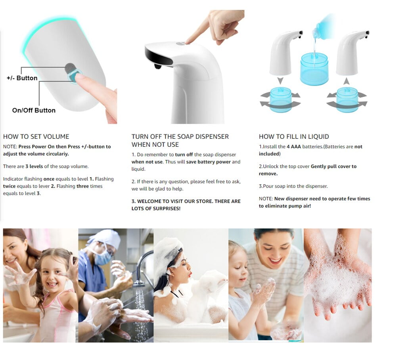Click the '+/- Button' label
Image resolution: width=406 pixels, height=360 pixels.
point(22,78)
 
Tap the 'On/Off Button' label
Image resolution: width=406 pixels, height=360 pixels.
point(34,110)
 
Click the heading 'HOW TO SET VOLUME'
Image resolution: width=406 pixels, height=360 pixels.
point(36,136)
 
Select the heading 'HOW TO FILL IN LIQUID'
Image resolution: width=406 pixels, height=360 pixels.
point(294,136)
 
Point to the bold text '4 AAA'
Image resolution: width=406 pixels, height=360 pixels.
point(294,147)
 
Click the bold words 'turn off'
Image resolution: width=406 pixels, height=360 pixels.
point(184,155)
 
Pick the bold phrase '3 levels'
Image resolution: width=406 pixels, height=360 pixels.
point(34,166)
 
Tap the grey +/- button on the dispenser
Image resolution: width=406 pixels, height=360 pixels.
point(70,68)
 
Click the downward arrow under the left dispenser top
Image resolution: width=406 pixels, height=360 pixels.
point(280,80)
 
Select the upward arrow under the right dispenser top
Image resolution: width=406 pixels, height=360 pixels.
point(347,81)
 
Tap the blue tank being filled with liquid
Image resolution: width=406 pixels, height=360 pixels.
point(314,69)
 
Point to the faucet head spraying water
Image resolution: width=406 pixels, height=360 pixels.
point(139,283)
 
